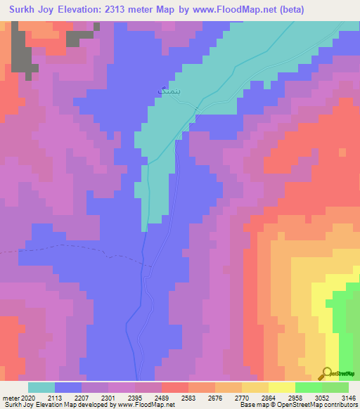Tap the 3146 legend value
tap(347, 397)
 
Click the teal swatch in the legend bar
tap(41, 387)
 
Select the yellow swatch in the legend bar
tap(281, 387)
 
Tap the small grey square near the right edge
tap(342, 151)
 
